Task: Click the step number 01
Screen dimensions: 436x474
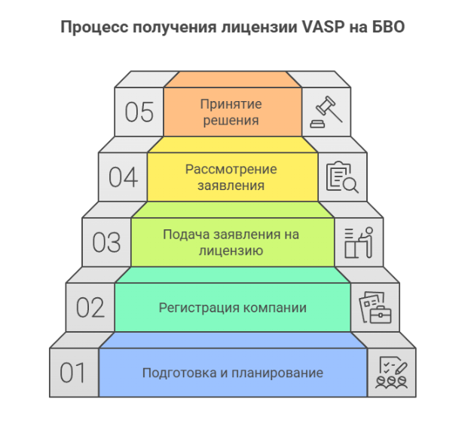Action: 73,373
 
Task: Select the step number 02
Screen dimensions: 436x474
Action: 90,308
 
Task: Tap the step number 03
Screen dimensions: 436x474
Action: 106,242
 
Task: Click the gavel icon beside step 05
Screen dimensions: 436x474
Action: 326,112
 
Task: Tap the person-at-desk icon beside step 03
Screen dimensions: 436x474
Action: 359,242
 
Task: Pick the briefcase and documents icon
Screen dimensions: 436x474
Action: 375,307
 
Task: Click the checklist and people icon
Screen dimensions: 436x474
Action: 391,373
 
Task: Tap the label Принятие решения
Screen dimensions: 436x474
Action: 231,112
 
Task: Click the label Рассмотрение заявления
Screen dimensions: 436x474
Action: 231,177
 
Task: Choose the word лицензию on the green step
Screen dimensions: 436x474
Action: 231,250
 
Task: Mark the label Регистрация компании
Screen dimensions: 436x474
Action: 232,308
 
